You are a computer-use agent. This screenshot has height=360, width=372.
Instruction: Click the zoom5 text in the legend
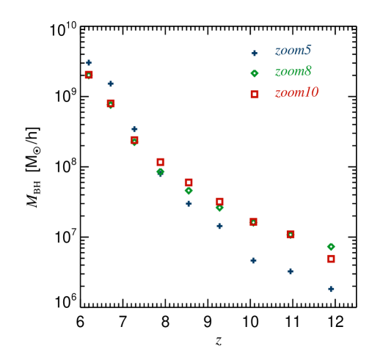coord(293,51)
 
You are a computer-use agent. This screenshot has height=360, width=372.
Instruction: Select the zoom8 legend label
coord(293,72)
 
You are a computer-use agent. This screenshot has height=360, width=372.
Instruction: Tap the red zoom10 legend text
coord(296,93)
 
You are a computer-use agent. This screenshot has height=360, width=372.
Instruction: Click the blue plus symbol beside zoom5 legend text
coord(255,53)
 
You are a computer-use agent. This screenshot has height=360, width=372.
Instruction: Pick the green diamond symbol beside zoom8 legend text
coord(255,73)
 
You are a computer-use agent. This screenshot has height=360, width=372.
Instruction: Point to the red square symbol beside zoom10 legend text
coord(255,95)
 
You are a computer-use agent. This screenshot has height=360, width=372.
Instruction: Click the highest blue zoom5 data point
coord(89,63)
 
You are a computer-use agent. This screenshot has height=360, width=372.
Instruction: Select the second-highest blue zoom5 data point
coord(111,84)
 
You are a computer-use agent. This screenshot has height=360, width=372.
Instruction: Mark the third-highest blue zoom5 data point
coord(134,129)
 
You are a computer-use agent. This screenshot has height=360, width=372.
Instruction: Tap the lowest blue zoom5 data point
coord(331,289)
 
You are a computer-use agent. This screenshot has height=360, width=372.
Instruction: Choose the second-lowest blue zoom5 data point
coord(291,271)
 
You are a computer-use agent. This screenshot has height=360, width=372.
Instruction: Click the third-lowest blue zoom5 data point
coord(253,260)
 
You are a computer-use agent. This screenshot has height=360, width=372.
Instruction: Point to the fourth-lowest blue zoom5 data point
coord(219,226)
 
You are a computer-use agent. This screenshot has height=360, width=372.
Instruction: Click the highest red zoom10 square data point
coord(89,75)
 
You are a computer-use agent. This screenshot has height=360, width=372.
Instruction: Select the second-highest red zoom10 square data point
coord(111,103)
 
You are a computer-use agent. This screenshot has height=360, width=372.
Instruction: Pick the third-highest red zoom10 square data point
coord(134,139)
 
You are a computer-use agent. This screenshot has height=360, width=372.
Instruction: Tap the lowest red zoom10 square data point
coord(331,259)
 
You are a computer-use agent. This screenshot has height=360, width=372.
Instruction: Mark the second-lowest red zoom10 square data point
coord(291,235)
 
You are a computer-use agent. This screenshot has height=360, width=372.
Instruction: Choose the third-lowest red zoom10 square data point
coord(253,221)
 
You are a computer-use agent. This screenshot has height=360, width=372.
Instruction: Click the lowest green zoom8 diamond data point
coord(331,247)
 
